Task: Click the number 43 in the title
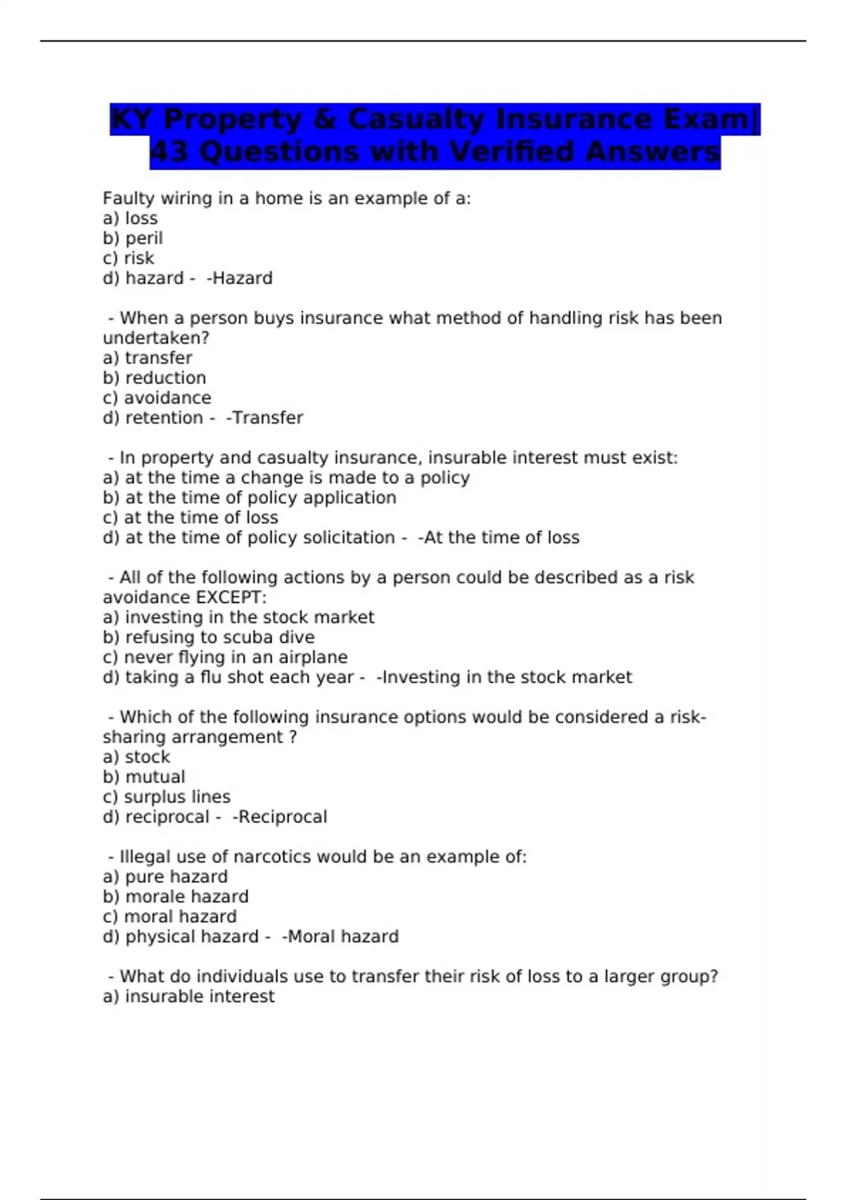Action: click(x=170, y=152)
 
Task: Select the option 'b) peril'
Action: click(x=133, y=239)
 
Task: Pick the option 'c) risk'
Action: click(x=128, y=258)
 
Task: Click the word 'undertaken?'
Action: click(x=156, y=338)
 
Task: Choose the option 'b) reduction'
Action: click(x=155, y=378)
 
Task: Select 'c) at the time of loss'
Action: click(x=191, y=517)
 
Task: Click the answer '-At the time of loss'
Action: click(x=498, y=538)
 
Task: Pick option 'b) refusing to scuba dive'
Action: click(x=209, y=637)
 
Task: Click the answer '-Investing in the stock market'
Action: click(x=504, y=678)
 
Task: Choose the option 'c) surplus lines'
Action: click(x=167, y=797)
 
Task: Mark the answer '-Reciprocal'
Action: click(x=280, y=817)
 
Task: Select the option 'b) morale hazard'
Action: click(x=176, y=896)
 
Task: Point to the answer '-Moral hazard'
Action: click(x=340, y=937)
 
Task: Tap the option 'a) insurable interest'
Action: click(x=188, y=997)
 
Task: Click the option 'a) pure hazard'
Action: click(x=165, y=877)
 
